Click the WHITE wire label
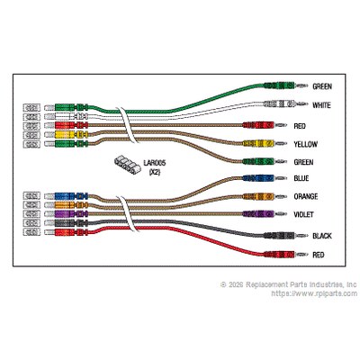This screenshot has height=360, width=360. pos(321,105)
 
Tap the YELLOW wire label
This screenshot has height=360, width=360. pos(305,144)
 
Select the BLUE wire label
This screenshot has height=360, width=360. pos(301,178)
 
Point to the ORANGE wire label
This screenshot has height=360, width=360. pos(306,196)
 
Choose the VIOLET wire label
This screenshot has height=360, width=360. pos(304,214)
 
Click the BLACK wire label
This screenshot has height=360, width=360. pos(322,236)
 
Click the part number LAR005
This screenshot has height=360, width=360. pos(155,163)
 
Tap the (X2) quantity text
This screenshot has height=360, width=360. pos(155,172)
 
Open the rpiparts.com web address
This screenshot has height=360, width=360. pos(314,293)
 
